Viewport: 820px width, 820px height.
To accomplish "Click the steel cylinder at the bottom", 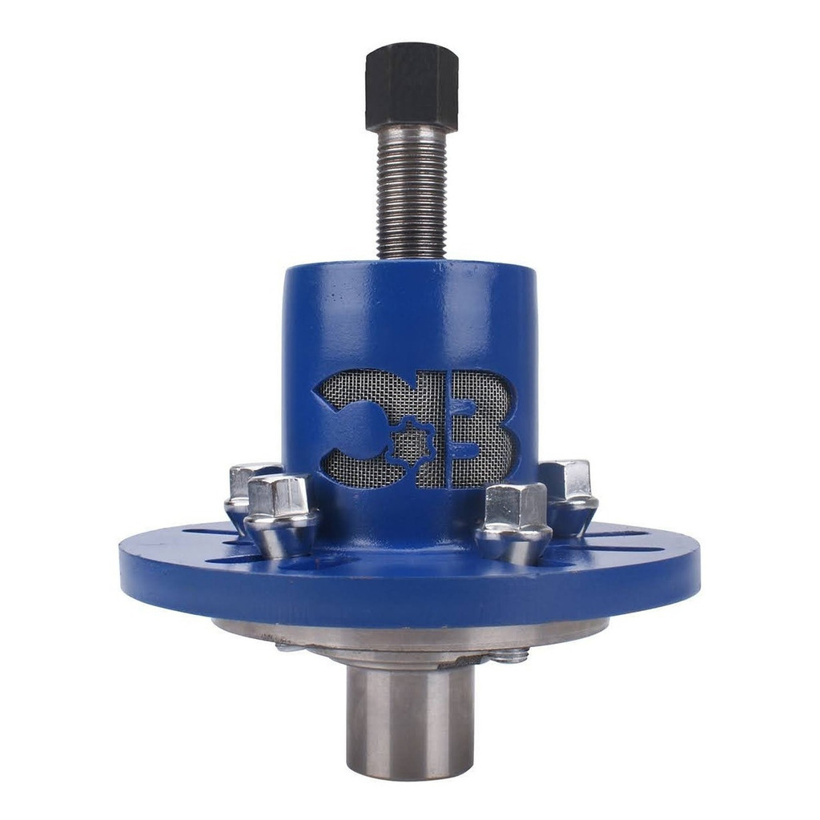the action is pos(410,721).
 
